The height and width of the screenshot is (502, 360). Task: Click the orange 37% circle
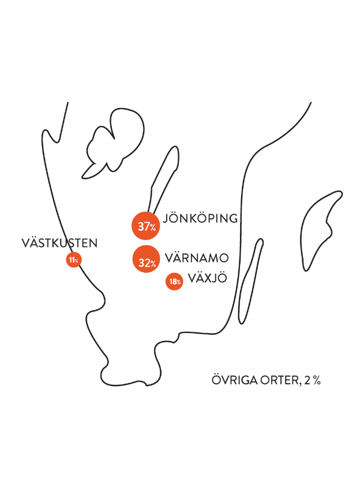[x=146, y=226]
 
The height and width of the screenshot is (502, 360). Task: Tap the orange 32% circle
[x=146, y=261]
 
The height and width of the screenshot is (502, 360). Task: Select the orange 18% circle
[x=174, y=281]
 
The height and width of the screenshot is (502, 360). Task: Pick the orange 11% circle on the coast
[x=73, y=260]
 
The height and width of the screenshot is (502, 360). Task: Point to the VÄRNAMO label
[x=198, y=257]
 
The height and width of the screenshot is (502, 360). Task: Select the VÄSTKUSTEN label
[x=59, y=243]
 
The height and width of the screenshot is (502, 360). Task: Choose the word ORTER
[x=283, y=380]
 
